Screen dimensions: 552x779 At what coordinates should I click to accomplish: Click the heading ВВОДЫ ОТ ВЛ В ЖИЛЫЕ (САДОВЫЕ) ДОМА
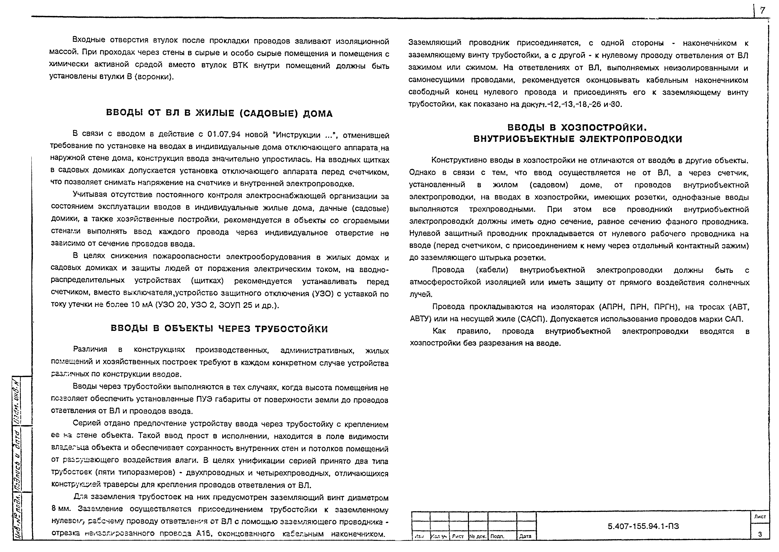(219, 113)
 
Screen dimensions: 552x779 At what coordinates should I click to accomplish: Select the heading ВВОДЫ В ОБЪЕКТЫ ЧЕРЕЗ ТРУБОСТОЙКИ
(219, 329)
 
